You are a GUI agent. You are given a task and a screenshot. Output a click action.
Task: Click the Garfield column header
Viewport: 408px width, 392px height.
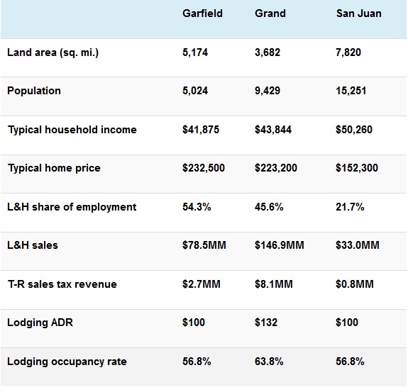coord(202,13)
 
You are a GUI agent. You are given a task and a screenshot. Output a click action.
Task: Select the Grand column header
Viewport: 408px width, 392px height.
coord(270,13)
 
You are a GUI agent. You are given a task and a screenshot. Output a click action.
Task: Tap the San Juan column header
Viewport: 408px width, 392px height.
coord(359,13)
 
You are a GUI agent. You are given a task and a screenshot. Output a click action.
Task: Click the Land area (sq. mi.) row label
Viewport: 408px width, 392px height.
coord(53,52)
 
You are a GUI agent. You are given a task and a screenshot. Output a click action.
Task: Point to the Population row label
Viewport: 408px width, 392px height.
coord(34,91)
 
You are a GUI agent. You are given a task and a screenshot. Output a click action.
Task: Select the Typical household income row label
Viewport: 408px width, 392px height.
coord(72,130)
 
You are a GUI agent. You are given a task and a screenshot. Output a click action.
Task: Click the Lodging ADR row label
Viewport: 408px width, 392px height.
coord(40,323)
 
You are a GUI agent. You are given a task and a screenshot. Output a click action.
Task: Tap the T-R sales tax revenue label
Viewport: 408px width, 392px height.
coord(62,284)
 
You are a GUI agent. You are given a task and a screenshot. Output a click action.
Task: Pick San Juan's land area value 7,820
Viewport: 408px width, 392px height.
coord(348,52)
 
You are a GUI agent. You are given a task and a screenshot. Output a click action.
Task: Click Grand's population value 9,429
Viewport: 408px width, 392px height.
coord(268,91)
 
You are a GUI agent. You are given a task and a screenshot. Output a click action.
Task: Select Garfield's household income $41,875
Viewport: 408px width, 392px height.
coord(201,130)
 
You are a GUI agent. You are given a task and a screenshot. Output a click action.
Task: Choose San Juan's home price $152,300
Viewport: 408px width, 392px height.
coord(357,168)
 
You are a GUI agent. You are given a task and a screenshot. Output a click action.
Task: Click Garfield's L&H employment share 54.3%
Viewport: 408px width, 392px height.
coord(197,207)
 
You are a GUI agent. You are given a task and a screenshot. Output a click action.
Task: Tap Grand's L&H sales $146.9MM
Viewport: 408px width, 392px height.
coord(280,245)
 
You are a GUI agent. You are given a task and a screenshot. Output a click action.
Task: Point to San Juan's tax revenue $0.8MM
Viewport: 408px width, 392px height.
coord(355,284)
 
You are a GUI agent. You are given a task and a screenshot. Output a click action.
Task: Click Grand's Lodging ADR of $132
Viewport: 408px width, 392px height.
coord(266,323)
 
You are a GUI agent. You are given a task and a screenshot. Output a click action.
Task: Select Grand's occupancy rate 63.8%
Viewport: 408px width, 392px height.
coord(269,362)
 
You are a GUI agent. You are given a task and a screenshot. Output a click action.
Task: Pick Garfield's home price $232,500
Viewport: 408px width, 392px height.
coord(204,168)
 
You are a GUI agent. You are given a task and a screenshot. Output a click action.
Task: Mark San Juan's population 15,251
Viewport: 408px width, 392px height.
coord(351,91)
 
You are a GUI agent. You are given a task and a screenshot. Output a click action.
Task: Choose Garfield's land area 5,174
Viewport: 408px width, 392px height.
coord(195,52)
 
